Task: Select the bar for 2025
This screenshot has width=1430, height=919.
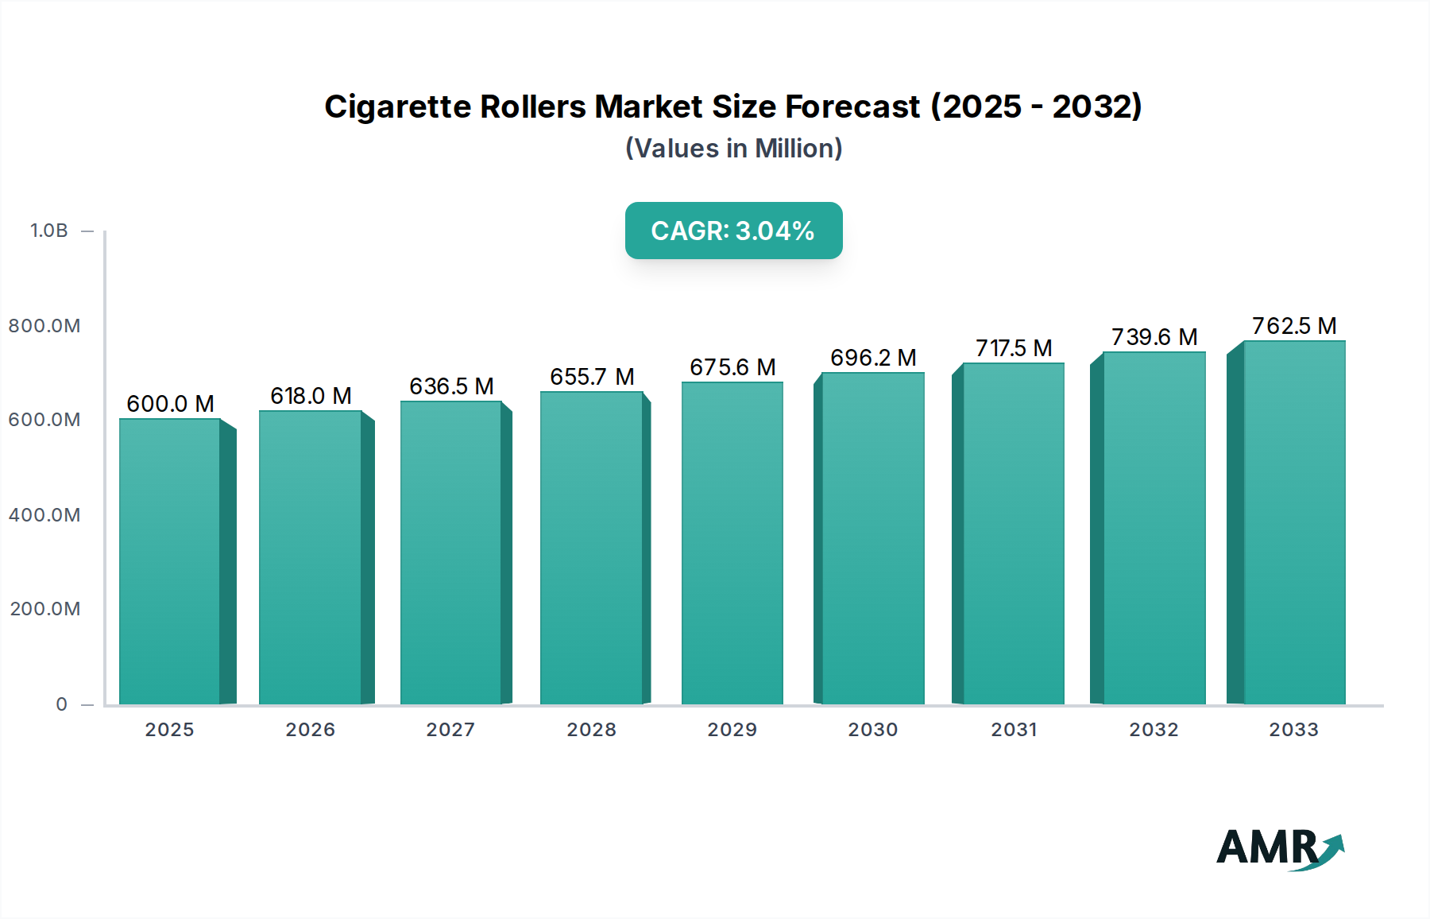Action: tap(170, 561)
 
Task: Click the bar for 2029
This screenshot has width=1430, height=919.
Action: tap(732, 543)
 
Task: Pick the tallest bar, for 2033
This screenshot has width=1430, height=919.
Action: tap(1293, 522)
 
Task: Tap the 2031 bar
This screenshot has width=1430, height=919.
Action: tap(1013, 533)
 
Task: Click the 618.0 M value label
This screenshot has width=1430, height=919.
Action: tap(311, 396)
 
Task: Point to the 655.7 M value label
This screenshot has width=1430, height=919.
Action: tap(592, 377)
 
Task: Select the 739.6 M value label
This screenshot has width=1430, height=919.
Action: tap(1154, 337)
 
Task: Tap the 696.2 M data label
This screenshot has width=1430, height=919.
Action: tap(873, 358)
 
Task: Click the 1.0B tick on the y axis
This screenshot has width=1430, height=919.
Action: tap(49, 231)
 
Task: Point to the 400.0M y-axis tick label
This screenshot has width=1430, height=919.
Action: tap(44, 515)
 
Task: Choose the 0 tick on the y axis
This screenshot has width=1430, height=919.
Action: tap(61, 704)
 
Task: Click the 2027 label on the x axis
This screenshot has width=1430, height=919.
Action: tap(450, 730)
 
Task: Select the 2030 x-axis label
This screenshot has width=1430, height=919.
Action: tap(872, 730)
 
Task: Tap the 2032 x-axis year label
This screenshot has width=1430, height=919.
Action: tap(1154, 730)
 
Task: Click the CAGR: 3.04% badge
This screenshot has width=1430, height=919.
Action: tap(733, 231)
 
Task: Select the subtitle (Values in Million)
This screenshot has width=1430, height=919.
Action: tap(733, 149)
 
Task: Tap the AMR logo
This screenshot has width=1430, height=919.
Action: tap(1279, 847)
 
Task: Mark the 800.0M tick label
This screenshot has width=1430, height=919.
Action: tap(44, 326)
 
